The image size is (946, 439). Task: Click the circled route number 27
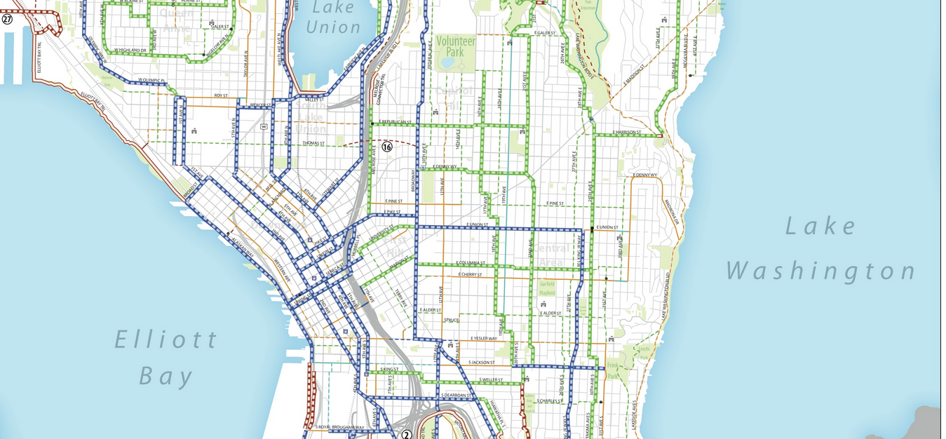coord(7,19)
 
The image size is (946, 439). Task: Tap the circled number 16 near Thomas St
coord(386,147)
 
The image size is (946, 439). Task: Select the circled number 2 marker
coord(406,435)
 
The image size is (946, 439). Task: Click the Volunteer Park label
coord(456,46)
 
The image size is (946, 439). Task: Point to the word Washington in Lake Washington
coord(821,271)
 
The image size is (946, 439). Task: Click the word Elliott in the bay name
coord(167,340)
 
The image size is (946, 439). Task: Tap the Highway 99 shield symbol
coord(262,126)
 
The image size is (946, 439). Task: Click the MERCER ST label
coord(260,106)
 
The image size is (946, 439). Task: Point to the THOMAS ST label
coord(313,143)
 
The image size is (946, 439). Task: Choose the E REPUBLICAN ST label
coord(394,122)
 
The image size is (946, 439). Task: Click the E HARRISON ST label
coord(626,132)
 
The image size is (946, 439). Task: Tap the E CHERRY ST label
coord(470,274)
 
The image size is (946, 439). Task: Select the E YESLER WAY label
coord(483,338)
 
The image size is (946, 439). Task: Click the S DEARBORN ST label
coord(459,396)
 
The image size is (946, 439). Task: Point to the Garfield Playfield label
coord(548,288)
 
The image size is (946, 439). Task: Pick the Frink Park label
coord(614,371)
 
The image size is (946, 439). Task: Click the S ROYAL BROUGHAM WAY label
coord(339,427)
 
